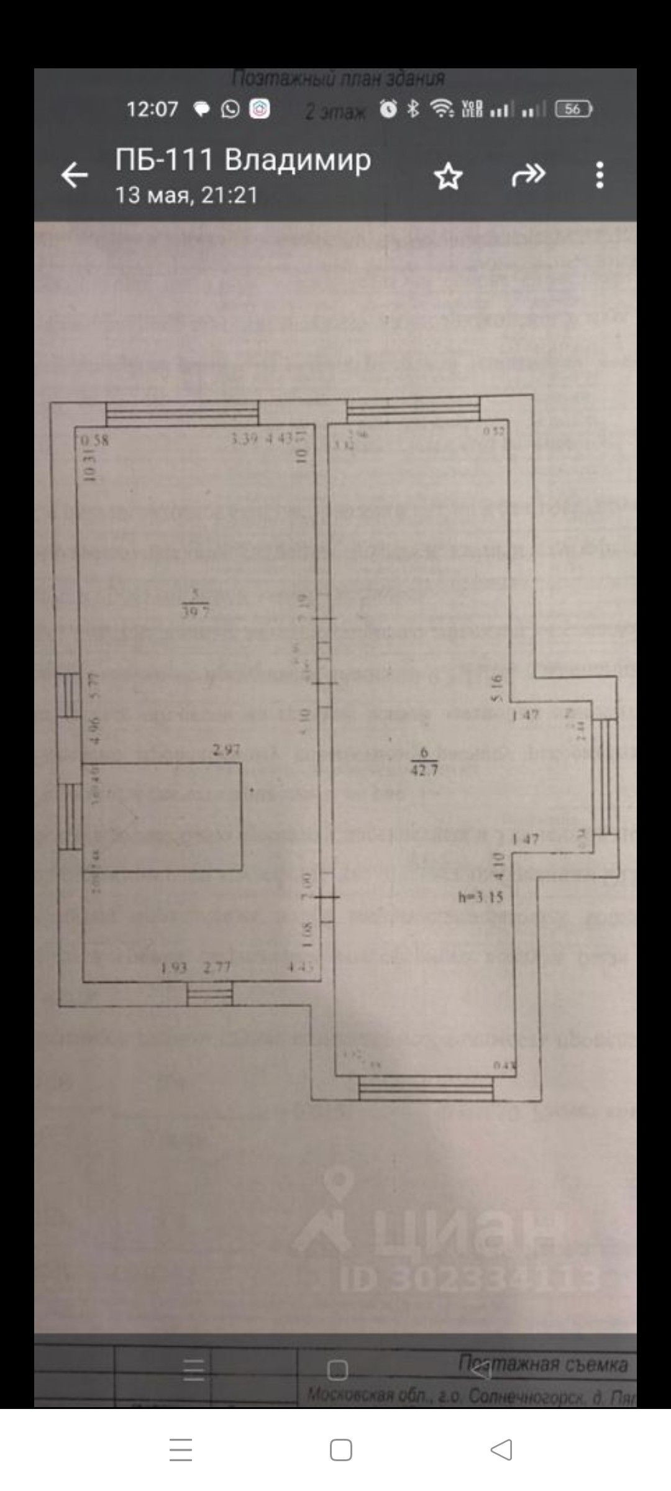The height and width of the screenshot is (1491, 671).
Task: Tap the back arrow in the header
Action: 74,175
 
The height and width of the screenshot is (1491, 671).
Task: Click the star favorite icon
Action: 448,177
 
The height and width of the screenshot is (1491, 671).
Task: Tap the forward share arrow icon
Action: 528,176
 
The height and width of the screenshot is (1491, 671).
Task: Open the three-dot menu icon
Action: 600,175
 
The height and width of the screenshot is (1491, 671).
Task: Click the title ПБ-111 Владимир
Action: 243,160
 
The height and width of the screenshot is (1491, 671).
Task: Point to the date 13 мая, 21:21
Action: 186,195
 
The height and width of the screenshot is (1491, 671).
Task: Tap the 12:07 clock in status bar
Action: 152,110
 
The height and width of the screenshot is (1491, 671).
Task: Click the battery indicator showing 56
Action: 573,110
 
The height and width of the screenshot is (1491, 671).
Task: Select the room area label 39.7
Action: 196,610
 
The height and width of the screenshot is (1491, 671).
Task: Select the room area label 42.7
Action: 424,771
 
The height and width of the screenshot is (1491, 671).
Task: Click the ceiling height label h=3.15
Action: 480,896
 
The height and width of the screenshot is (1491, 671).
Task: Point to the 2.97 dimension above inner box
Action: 226,750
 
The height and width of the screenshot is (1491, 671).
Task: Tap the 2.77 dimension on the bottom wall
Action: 217,968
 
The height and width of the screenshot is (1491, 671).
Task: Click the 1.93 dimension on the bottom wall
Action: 174,968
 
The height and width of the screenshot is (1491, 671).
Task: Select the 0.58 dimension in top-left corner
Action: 95,440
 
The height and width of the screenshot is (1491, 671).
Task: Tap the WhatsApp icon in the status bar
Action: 231,110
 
